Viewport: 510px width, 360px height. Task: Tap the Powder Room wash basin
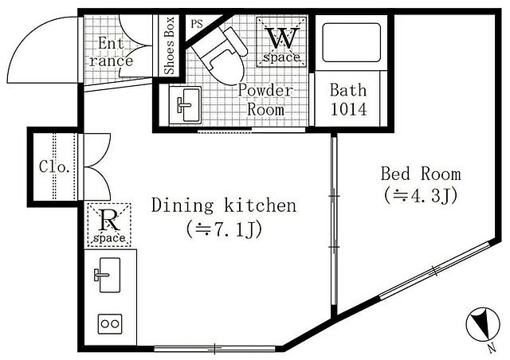[185, 104]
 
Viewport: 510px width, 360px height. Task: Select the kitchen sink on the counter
[108, 275]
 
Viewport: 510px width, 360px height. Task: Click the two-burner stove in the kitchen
[110, 323]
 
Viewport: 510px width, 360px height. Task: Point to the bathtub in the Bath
[351, 42]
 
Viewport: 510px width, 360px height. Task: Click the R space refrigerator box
[109, 225]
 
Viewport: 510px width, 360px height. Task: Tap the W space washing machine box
[281, 42]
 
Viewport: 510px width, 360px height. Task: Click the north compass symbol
[484, 324]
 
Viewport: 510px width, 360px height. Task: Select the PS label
[197, 24]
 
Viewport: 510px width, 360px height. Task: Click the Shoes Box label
[170, 45]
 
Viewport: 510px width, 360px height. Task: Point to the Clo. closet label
[54, 166]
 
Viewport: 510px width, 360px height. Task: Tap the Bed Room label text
[421, 174]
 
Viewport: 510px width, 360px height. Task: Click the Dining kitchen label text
[224, 205]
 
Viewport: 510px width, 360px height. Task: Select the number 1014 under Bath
[349, 109]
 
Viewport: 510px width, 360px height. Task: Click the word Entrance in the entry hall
[111, 52]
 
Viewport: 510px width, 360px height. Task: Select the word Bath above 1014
[348, 90]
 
